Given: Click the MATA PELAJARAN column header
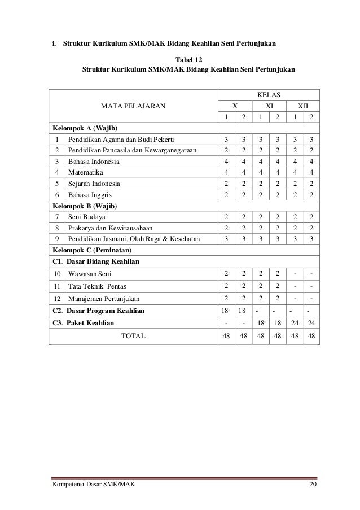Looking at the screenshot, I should [x=133, y=105].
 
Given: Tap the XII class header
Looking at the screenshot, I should [x=303, y=105].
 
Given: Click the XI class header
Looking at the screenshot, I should [x=269, y=105].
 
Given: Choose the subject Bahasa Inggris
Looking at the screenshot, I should [x=90, y=194].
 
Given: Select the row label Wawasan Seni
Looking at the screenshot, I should [x=90, y=273].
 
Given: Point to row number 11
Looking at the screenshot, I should [x=57, y=286].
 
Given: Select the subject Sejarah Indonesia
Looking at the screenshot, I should [x=94, y=183].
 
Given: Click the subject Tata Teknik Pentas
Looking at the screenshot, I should [x=94, y=286].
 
